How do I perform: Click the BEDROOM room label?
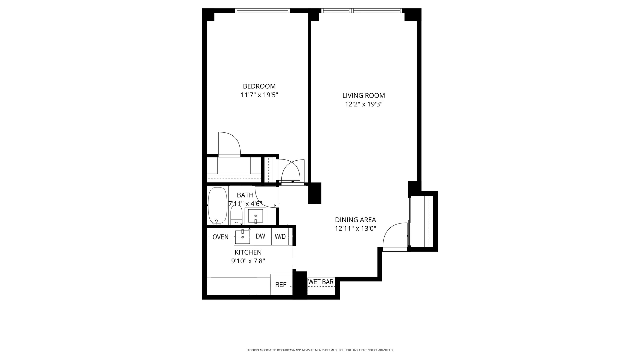click(259, 86)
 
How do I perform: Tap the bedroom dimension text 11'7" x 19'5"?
click(259, 95)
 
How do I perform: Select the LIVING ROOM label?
click(364, 95)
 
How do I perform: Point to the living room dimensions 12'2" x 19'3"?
click(364, 104)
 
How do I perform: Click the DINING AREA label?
click(355, 220)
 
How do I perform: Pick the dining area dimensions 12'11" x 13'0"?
click(355, 228)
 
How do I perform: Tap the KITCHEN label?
click(248, 252)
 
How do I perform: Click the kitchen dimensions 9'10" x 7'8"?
click(248, 261)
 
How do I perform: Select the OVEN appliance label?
click(221, 237)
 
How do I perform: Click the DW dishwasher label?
click(260, 236)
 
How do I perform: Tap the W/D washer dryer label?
click(280, 237)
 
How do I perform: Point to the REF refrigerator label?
click(281, 285)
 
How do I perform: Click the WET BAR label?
click(321, 282)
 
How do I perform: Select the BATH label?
click(245, 195)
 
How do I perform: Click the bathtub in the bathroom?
click(217, 206)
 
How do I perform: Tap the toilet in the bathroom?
click(236, 215)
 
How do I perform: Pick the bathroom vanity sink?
click(256, 216)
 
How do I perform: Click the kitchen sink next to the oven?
click(243, 237)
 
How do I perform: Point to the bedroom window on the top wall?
click(262, 11)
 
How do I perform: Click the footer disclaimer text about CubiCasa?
click(320, 350)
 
